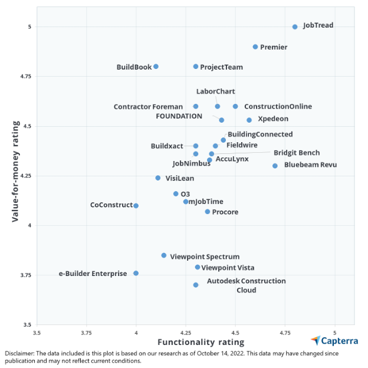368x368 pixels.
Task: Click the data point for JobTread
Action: [x=295, y=27]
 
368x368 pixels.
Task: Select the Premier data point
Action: [x=255, y=47]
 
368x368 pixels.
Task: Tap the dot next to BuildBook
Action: [x=156, y=67]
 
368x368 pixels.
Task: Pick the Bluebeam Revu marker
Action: [x=275, y=166]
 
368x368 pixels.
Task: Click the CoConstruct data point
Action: [x=136, y=206]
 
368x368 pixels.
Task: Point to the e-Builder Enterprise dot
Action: [x=136, y=273]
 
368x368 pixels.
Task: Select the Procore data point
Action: [x=208, y=212]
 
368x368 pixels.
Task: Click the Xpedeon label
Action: [x=273, y=119]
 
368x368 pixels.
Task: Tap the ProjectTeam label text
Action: [x=221, y=67]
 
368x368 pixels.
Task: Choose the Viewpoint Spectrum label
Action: [x=205, y=257]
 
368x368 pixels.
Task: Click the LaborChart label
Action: [x=215, y=91]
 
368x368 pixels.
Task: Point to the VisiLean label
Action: [x=179, y=178]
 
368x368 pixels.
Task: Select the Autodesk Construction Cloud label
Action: [x=246, y=285]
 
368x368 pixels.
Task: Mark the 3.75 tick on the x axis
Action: [x=87, y=331]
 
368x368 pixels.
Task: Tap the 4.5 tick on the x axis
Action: [x=235, y=331]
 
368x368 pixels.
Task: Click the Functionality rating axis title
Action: [x=201, y=342]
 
